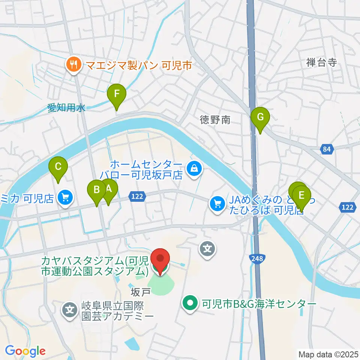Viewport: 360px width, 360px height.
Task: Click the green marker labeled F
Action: [x=117, y=94]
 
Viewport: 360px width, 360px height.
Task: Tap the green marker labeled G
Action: [x=260, y=117]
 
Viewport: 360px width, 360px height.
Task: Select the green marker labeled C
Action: [x=58, y=166]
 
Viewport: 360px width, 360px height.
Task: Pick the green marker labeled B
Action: [x=97, y=190]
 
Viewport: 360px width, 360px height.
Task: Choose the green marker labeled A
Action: [x=109, y=189]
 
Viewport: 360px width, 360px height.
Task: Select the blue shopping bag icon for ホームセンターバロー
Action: [x=194, y=168]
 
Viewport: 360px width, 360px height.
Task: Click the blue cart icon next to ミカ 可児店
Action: [x=66, y=197]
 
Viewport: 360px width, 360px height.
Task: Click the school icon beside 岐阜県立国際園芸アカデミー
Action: [x=70, y=310]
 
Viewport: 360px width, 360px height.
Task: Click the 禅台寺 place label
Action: [x=321, y=63]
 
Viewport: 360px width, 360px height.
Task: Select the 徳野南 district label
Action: [x=214, y=120]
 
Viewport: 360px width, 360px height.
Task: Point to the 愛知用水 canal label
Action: [x=67, y=108]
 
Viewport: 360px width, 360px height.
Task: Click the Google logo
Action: [x=25, y=351]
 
